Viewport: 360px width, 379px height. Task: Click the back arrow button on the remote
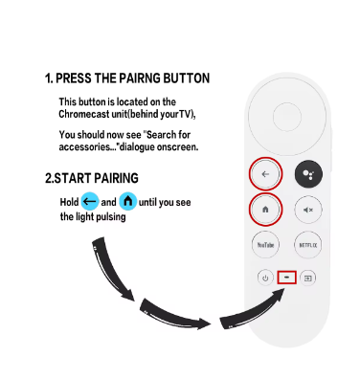click(x=265, y=174)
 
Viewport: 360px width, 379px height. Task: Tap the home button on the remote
click(x=265, y=210)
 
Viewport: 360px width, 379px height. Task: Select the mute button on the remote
click(x=308, y=210)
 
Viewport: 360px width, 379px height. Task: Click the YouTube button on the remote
click(x=265, y=245)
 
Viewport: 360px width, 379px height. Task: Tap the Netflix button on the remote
click(x=308, y=245)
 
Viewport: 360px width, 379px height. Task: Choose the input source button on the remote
click(x=307, y=279)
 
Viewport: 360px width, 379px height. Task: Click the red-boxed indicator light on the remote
click(x=286, y=278)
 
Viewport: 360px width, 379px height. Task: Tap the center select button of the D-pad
click(x=287, y=117)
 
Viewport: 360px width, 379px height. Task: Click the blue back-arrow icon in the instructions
click(x=90, y=201)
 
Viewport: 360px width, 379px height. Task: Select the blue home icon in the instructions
click(x=128, y=201)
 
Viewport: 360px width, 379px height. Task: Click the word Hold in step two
click(x=69, y=202)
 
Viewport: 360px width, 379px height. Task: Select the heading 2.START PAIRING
click(x=92, y=178)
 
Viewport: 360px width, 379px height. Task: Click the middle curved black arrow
click(x=175, y=315)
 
